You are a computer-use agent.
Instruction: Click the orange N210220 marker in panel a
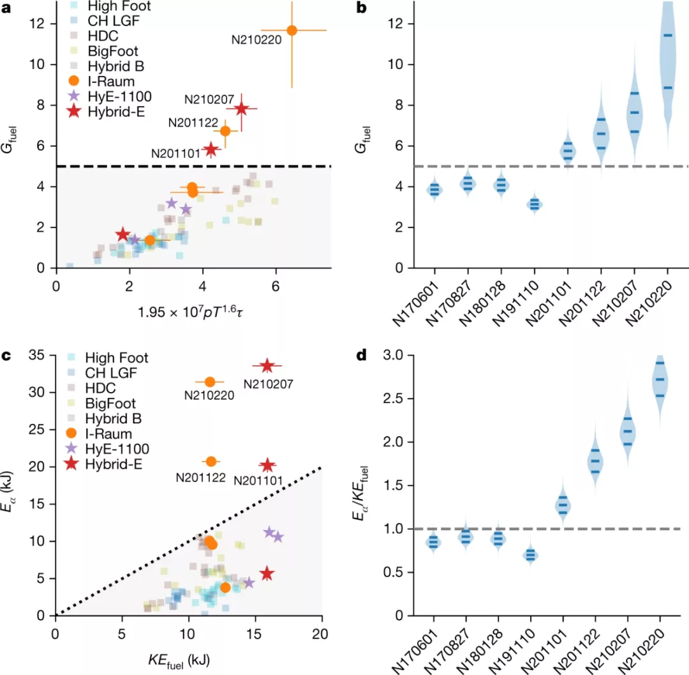pyautogui.click(x=292, y=30)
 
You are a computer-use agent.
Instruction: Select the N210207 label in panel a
pyautogui.click(x=207, y=100)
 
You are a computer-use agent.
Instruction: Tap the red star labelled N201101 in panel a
pyautogui.click(x=211, y=149)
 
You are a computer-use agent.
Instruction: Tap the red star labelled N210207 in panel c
pyautogui.click(x=267, y=366)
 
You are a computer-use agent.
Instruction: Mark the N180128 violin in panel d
pyautogui.click(x=499, y=539)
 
